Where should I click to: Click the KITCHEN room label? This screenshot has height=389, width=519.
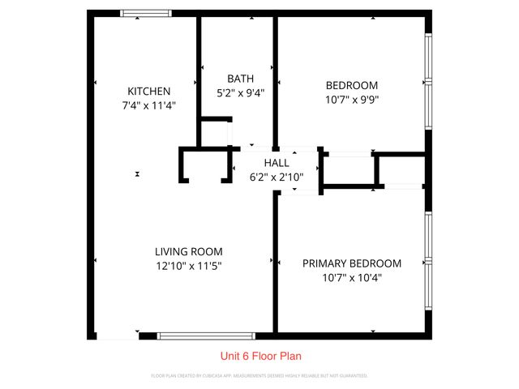148,91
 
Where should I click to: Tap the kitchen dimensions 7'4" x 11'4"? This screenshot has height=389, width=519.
148,105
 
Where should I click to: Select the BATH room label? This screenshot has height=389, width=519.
239,79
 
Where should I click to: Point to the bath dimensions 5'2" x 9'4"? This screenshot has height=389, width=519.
239,92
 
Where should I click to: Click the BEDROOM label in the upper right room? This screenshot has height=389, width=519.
351,85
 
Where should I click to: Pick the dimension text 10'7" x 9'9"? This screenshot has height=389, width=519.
351,100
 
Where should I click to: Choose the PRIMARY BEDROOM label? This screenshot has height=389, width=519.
351,263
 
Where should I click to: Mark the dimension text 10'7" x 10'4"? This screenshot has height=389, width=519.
351,278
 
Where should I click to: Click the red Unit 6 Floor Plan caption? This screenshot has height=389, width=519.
260,356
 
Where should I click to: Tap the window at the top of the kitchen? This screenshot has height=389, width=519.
146,13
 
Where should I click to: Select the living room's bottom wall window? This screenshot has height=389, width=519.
206,335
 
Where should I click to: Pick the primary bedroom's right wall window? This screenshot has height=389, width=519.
429,262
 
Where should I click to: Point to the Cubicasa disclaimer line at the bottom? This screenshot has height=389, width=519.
259,376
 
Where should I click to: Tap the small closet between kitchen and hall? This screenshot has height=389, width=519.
203,166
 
